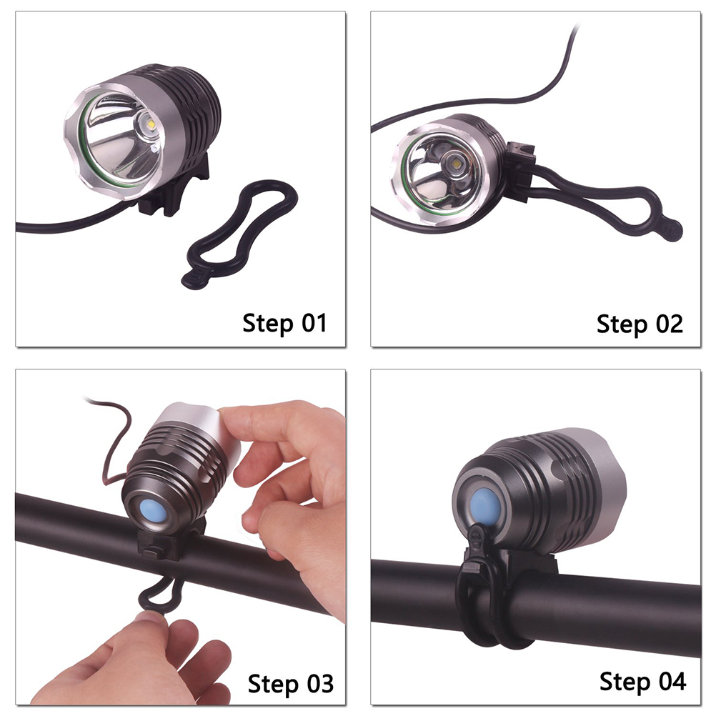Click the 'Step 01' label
[x=284, y=323]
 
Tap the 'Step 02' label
[x=640, y=324]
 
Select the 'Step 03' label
[x=290, y=684]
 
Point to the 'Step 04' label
[x=642, y=682]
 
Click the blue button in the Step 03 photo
[x=149, y=512]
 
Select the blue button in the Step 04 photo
[x=485, y=506]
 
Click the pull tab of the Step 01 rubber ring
[x=194, y=279]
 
